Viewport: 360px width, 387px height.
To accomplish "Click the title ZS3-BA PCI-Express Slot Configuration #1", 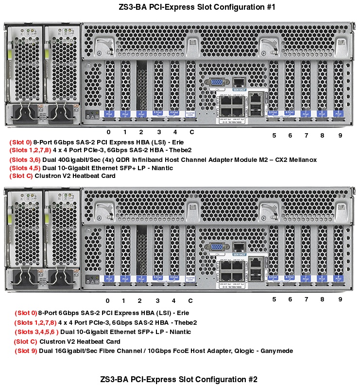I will pyautogui.click(x=180, y=7).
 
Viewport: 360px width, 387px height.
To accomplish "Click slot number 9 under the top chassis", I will pyautogui.click(x=340, y=135).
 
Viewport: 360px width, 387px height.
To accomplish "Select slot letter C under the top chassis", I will pyautogui.click(x=191, y=132).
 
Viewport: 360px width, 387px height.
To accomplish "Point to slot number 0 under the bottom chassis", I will pyautogui.click(x=107, y=300).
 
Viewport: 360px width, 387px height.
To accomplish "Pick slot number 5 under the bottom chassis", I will pyautogui.click(x=274, y=299).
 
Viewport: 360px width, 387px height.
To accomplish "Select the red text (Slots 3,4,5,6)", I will pyautogui.click(x=36, y=332).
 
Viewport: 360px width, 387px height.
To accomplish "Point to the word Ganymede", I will pyautogui.click(x=277, y=351).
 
